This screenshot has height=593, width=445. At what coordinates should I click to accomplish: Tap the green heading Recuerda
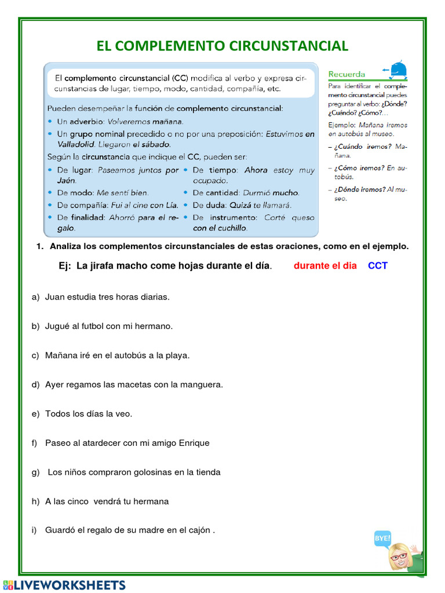pos(346,74)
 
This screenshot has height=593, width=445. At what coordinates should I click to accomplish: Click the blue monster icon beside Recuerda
pos(398,71)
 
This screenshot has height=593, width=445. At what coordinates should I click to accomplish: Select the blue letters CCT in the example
pos(378,266)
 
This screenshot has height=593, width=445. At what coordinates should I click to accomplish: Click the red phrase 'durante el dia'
pos(325,266)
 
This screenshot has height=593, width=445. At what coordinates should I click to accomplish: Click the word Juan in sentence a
pos(55,296)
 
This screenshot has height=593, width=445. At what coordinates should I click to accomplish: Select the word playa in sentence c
pos(177,355)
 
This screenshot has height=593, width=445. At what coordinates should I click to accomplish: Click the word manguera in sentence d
pos(201,385)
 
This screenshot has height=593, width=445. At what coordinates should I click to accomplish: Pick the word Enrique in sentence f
pos(192,443)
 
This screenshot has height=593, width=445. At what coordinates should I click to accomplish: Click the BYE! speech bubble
pos(383,538)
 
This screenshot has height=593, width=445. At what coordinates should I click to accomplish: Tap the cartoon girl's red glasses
pos(398,557)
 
